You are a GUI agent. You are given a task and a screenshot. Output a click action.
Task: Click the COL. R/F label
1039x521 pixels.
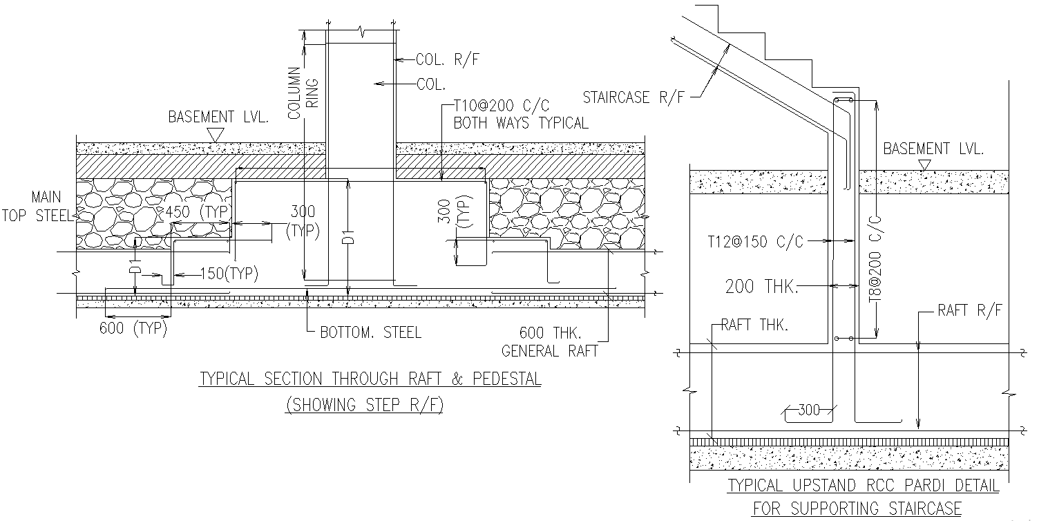pyautogui.click(x=448, y=60)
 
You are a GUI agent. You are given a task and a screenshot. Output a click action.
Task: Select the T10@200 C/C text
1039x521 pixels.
pyautogui.click(x=502, y=106)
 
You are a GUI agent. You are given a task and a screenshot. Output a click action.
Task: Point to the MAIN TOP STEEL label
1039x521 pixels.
pyautogui.click(x=37, y=207)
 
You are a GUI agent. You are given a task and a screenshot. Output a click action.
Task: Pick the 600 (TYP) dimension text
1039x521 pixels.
pyautogui.click(x=133, y=328)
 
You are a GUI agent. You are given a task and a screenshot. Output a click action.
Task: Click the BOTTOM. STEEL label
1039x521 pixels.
pyautogui.click(x=370, y=332)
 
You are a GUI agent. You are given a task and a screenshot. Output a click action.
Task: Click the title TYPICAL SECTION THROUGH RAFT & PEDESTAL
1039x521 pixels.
pyautogui.click(x=370, y=379)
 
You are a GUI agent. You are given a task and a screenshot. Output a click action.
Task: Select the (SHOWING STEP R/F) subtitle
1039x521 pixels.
pyautogui.click(x=364, y=405)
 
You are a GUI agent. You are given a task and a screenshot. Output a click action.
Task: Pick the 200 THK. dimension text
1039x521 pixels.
pyautogui.click(x=761, y=286)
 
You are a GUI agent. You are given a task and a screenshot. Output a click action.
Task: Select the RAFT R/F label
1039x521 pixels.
pyautogui.click(x=969, y=311)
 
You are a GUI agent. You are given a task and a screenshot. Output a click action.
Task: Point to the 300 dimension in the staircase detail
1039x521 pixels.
pyautogui.click(x=808, y=410)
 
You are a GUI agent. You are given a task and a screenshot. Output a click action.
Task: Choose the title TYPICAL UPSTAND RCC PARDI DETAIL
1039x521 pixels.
pyautogui.click(x=864, y=486)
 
